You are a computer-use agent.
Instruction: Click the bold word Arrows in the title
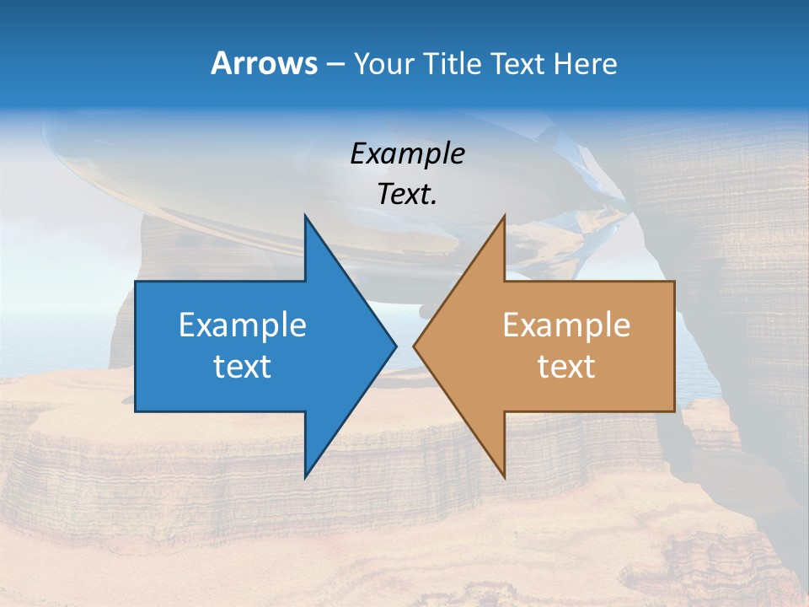coord(263,63)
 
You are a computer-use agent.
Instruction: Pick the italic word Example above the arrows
coord(408,153)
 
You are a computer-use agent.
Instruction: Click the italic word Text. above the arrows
coord(408,194)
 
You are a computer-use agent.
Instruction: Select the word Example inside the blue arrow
coord(243,325)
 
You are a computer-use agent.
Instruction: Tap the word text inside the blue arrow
coord(243,367)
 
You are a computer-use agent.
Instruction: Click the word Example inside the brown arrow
coord(566,325)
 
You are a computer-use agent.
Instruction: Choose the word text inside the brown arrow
coord(566,367)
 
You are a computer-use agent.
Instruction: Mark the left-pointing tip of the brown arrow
coord(415,346)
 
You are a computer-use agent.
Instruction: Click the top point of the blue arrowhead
coord(306,217)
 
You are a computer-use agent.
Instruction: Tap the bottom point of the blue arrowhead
coord(306,476)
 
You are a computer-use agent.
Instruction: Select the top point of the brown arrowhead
coord(504,217)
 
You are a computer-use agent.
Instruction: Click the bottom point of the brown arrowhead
coord(504,476)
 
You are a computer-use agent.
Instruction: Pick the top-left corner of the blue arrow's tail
coord(136,282)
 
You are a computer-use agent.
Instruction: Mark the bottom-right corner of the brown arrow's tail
coord(674,411)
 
